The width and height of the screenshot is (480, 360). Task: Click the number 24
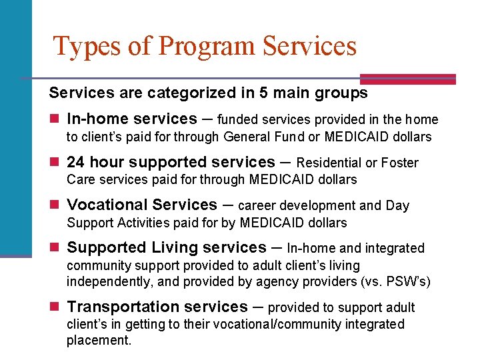click(76, 162)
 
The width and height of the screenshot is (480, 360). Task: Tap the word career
click(257, 205)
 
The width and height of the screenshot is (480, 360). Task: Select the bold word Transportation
click(123, 307)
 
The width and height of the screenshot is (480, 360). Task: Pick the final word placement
click(99, 341)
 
